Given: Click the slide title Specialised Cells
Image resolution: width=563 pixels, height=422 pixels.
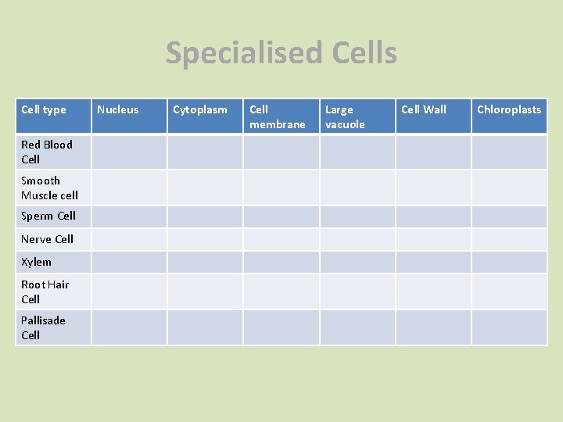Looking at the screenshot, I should click(x=281, y=53).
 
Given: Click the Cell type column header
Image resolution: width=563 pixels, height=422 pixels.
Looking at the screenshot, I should click(x=44, y=109).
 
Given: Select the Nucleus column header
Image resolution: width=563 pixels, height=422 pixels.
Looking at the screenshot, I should click(x=117, y=109).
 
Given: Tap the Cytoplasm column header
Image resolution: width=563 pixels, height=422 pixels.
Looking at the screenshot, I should click(x=200, y=109).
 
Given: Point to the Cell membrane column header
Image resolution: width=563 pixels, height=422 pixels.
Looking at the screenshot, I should click(x=278, y=116).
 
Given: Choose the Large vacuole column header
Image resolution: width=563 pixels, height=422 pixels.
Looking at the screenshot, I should click(x=345, y=116).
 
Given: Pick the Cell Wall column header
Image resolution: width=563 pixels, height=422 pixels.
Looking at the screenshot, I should click(x=424, y=109).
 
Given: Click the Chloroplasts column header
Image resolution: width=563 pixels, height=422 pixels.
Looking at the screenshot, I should click(x=509, y=109).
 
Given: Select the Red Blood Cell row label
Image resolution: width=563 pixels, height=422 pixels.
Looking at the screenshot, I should click(x=47, y=152).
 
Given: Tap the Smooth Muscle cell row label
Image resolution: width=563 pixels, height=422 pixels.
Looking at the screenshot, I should click(x=49, y=188).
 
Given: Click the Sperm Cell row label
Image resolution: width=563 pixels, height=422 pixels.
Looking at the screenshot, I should click(x=48, y=216).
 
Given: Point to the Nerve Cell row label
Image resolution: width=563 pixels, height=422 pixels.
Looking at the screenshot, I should click(x=47, y=239).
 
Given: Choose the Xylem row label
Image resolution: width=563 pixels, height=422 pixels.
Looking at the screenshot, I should click(x=36, y=262).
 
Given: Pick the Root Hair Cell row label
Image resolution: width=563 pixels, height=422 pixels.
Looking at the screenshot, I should click(x=45, y=291).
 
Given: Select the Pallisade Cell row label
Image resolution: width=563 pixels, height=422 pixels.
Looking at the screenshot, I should click(x=43, y=327).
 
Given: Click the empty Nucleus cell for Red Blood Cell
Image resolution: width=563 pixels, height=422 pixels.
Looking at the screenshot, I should click(x=129, y=152).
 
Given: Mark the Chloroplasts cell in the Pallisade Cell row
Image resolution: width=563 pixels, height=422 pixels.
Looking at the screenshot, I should click(x=509, y=327).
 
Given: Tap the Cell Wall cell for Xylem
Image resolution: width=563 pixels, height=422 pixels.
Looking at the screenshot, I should click(x=433, y=262).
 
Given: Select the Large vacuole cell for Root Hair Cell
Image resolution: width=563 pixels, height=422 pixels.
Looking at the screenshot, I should click(x=357, y=291).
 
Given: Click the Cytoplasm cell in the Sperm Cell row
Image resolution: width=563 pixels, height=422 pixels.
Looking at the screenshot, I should click(x=205, y=216).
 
